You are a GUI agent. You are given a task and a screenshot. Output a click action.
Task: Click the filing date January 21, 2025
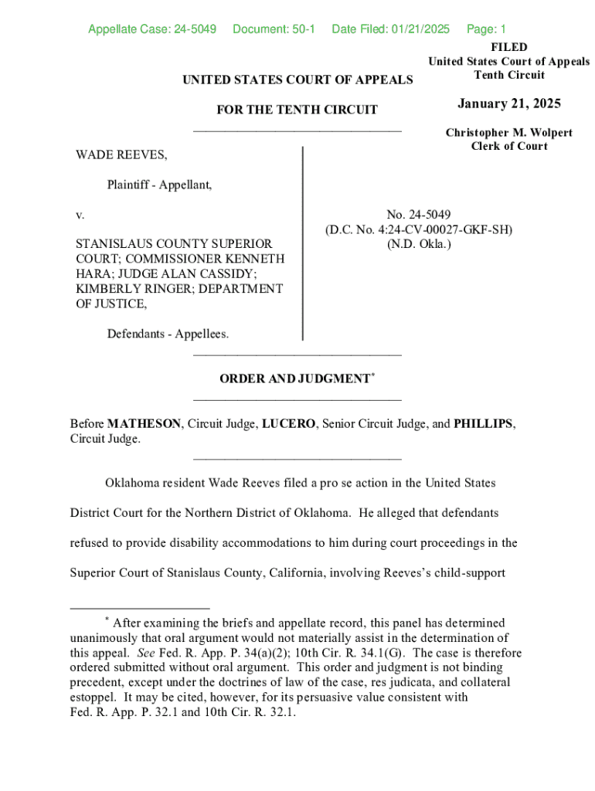tap(508, 104)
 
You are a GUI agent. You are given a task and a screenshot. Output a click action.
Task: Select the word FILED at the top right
tap(508, 47)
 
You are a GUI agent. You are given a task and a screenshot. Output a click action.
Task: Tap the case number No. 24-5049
tap(419, 214)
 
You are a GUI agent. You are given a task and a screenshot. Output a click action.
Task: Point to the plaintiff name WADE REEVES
tap(121, 155)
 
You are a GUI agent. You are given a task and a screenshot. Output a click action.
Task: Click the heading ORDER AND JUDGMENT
tap(294, 379)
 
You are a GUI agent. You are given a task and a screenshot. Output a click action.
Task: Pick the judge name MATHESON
tap(144, 424)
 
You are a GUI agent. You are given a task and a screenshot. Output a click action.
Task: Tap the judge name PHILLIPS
tap(483, 424)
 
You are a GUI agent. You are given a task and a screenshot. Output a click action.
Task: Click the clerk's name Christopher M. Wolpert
tap(508, 133)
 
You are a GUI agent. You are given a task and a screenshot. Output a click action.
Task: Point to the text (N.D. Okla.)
tap(419, 244)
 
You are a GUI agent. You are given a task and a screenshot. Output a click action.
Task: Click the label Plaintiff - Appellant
tap(159, 185)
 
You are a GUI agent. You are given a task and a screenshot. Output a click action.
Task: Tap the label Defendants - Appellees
tap(168, 334)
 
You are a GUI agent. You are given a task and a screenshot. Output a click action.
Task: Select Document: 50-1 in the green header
tap(274, 29)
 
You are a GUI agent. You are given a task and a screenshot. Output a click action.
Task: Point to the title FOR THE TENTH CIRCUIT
tap(297, 110)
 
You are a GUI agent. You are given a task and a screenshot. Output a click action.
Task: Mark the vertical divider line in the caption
tap(302, 243)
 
